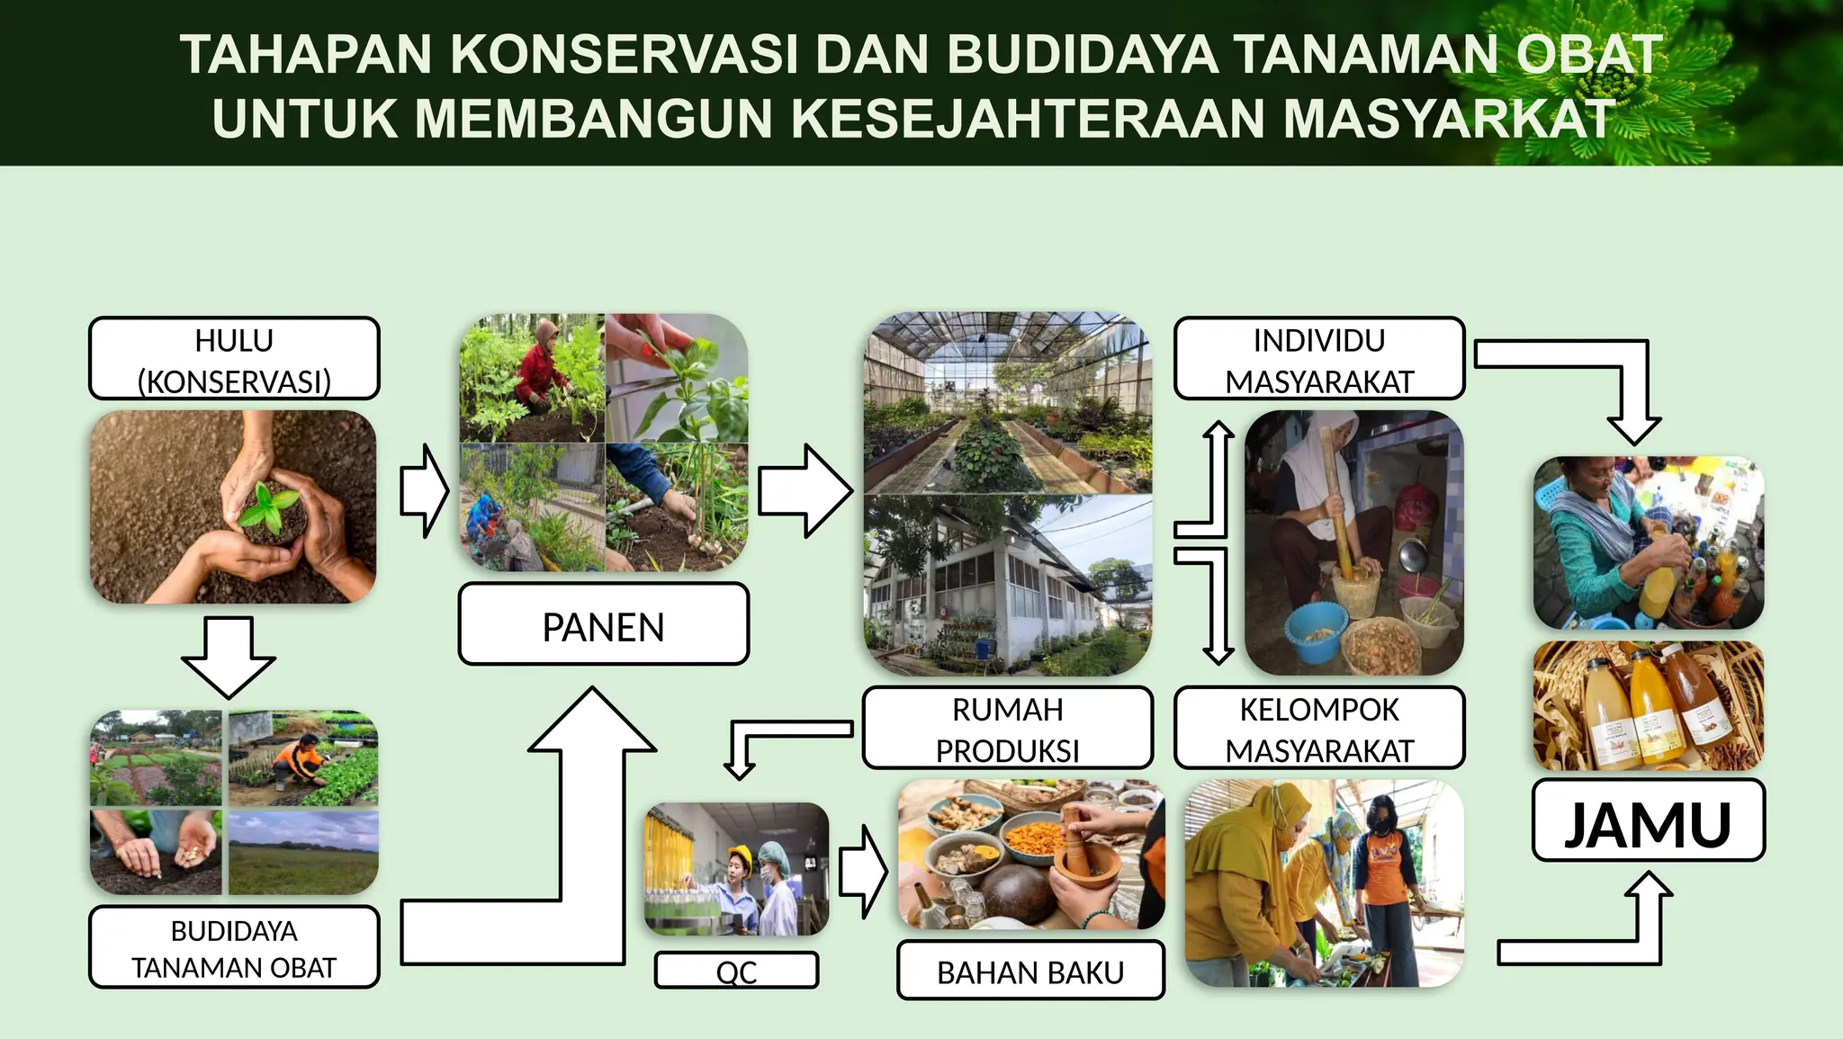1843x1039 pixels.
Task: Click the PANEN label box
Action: tap(603, 625)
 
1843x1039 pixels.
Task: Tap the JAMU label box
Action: tap(1648, 821)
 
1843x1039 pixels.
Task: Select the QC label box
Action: tap(736, 971)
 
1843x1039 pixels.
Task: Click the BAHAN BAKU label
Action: tap(1030, 972)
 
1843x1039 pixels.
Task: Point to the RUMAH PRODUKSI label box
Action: tap(1007, 729)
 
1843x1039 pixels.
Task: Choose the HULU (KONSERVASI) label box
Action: tap(234, 359)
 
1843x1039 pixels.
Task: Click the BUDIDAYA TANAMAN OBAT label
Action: tap(234, 948)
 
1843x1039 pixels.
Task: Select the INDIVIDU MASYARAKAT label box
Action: tap(1318, 359)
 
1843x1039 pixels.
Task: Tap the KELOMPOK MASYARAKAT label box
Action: tap(1318, 729)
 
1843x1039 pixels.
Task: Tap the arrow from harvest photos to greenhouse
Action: tap(804, 491)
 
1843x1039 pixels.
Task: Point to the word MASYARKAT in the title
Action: tap(1449, 118)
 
